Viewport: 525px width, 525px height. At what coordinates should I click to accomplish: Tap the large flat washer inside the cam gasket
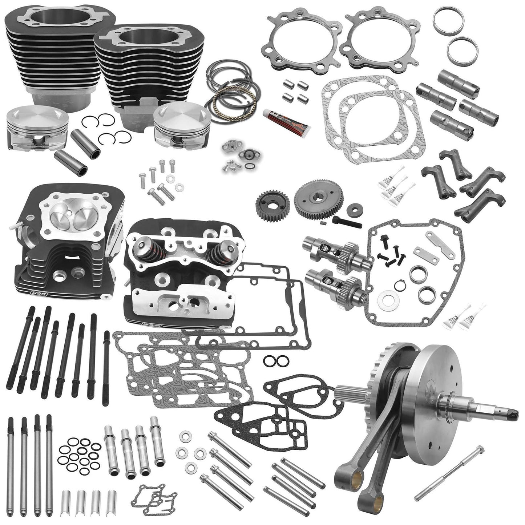pyautogui.click(x=385, y=301)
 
